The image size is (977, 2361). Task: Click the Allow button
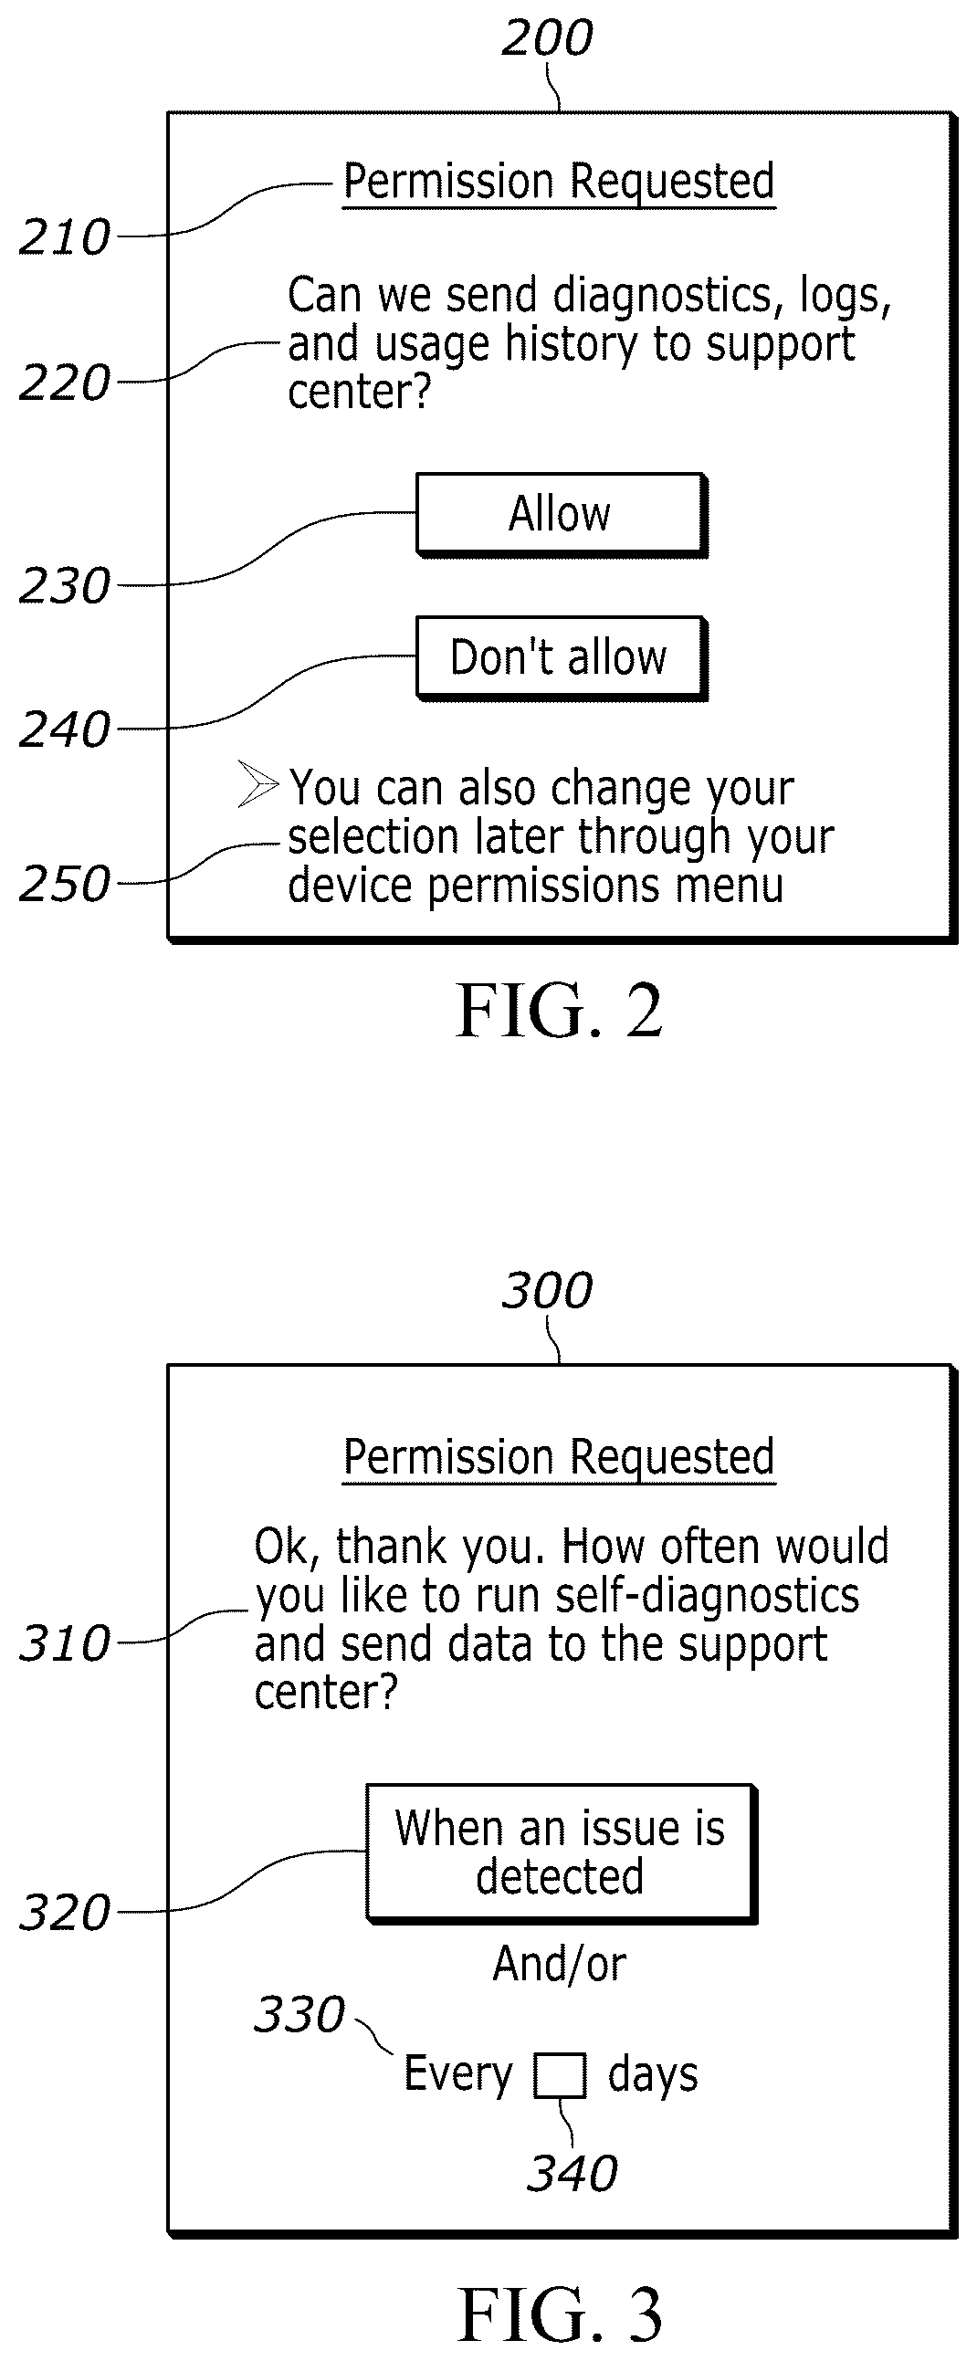561,514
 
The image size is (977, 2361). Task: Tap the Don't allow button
561,658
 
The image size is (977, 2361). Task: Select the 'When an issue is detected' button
561,1852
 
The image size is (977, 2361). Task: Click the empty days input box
560,2075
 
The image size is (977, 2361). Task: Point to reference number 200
547,38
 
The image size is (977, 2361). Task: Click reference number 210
64,237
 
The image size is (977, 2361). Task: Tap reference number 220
64,383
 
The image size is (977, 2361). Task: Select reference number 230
64,585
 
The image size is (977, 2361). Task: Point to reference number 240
64,730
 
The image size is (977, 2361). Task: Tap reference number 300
547,1291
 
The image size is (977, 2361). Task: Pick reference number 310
64,1643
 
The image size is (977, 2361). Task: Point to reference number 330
299,2015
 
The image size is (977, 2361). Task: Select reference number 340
572,2173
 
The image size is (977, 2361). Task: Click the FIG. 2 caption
559,1011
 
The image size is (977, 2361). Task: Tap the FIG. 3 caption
559,2314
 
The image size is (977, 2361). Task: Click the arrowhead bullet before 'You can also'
257,783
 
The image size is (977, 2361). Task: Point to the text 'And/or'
559,1965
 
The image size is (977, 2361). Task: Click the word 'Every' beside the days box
458,2075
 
